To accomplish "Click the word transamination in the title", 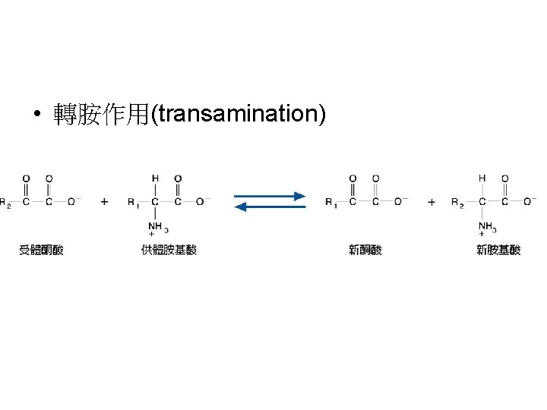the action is pyautogui.click(x=239, y=114).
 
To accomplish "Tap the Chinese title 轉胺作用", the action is pyautogui.click(x=102, y=115).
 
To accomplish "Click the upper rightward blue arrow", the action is pyautogui.click(x=270, y=196).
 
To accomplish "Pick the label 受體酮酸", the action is pyautogui.click(x=41, y=250).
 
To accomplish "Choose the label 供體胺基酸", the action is pyautogui.click(x=169, y=250).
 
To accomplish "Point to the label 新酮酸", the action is pyautogui.click(x=365, y=250).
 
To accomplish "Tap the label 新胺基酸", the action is pyautogui.click(x=498, y=250).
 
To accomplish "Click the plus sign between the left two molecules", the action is pyautogui.click(x=104, y=202).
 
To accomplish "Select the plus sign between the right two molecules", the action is pyautogui.click(x=432, y=202).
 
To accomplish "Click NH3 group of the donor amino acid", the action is pyautogui.click(x=157, y=226).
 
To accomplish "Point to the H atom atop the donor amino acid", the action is pyautogui.click(x=155, y=178).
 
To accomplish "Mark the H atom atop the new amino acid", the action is pyautogui.click(x=482, y=178).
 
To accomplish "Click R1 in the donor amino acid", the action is pyautogui.click(x=133, y=202).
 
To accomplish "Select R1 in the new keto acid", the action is pyautogui.click(x=330, y=202).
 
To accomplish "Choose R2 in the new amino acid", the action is pyautogui.click(x=457, y=202).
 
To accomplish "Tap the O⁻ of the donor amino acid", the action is pyautogui.click(x=202, y=201).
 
